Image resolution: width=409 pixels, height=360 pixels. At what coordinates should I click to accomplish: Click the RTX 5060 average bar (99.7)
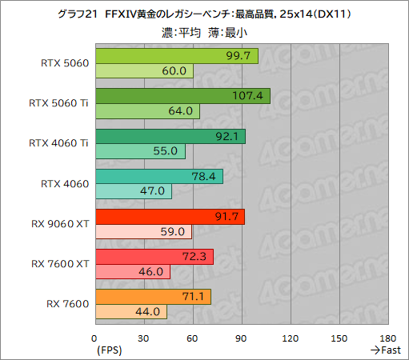(x=176, y=56)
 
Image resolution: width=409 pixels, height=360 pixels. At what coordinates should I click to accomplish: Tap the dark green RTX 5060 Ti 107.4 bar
(x=182, y=96)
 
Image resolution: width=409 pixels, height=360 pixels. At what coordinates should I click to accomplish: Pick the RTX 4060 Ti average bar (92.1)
(x=170, y=136)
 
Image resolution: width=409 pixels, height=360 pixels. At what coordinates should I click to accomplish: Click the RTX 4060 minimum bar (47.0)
(x=133, y=191)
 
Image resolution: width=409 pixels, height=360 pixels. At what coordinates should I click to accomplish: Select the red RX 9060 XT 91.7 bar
(x=170, y=216)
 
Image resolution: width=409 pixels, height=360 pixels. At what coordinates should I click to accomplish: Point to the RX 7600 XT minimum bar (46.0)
(x=132, y=272)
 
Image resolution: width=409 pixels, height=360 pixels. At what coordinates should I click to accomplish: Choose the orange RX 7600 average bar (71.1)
(x=153, y=297)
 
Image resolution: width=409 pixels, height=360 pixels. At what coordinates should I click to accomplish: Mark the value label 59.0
(x=174, y=232)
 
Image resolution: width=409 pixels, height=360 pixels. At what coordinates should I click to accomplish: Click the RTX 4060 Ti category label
(x=58, y=143)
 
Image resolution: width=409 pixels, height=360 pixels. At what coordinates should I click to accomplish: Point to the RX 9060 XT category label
(x=58, y=223)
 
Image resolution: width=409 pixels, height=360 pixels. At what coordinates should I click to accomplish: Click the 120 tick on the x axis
(x=291, y=337)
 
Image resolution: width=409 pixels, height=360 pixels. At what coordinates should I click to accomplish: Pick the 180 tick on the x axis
(x=389, y=337)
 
